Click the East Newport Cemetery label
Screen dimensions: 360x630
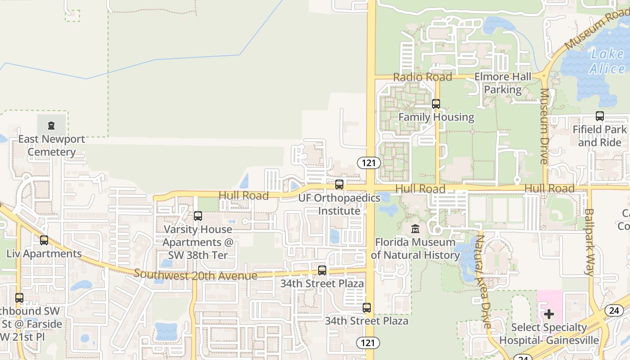click(51, 145)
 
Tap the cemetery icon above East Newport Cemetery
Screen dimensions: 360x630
click(51, 125)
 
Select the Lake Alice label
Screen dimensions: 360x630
click(607, 62)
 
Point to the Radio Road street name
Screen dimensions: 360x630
click(423, 77)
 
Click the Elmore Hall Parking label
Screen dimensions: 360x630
click(503, 83)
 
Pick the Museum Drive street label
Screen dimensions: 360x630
click(544, 126)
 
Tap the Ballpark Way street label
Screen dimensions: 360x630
click(589, 242)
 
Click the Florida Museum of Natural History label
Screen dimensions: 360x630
click(415, 249)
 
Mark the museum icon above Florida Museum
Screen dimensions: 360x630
click(415, 229)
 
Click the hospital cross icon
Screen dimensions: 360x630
click(549, 314)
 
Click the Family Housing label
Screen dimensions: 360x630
click(436, 117)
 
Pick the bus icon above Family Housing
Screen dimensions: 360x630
click(436, 104)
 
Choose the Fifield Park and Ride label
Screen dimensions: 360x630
click(599, 136)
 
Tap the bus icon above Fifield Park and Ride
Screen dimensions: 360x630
click(600, 116)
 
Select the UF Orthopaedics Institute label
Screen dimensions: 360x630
click(339, 204)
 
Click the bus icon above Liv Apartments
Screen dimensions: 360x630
click(44, 240)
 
